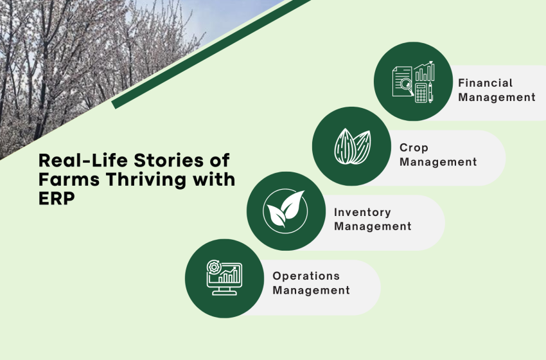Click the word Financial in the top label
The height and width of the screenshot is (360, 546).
pyautogui.click(x=485, y=83)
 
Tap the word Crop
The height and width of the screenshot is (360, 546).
pyautogui.click(x=414, y=148)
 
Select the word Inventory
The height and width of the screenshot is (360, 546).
pyautogui.click(x=362, y=212)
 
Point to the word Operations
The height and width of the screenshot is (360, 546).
pyautogui.click(x=306, y=276)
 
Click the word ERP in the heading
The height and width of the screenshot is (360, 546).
pyautogui.click(x=56, y=199)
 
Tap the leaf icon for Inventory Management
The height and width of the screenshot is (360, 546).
pyautogui.click(x=285, y=210)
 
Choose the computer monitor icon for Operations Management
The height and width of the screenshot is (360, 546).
pyautogui.click(x=224, y=278)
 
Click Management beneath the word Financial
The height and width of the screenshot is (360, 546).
pyautogui.click(x=497, y=97)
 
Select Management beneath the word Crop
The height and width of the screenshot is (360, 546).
pyautogui.click(x=438, y=162)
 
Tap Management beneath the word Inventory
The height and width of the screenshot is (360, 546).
pyautogui.click(x=373, y=226)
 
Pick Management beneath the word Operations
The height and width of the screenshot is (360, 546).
pyautogui.click(x=311, y=290)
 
